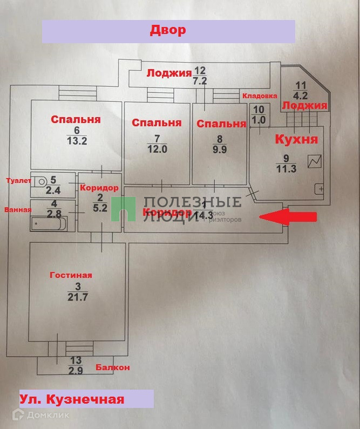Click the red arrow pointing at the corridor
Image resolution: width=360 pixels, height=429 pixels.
(x=289, y=216)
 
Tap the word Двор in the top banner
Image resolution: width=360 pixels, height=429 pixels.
(x=168, y=30)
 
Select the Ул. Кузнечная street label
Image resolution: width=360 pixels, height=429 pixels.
(x=72, y=400)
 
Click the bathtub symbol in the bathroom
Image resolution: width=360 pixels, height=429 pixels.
(x=49, y=223)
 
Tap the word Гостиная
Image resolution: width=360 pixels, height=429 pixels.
(x=71, y=275)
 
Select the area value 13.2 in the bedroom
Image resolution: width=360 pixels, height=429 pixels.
(x=77, y=141)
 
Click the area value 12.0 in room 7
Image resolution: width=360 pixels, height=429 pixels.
(x=157, y=149)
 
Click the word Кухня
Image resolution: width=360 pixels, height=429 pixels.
(x=296, y=139)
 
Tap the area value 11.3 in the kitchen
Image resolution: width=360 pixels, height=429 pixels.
(x=286, y=167)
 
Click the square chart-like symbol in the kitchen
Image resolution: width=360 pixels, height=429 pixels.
(x=315, y=161)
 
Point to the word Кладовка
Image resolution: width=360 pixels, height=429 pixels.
(x=260, y=96)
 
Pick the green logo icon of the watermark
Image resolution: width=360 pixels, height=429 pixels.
(x=123, y=209)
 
